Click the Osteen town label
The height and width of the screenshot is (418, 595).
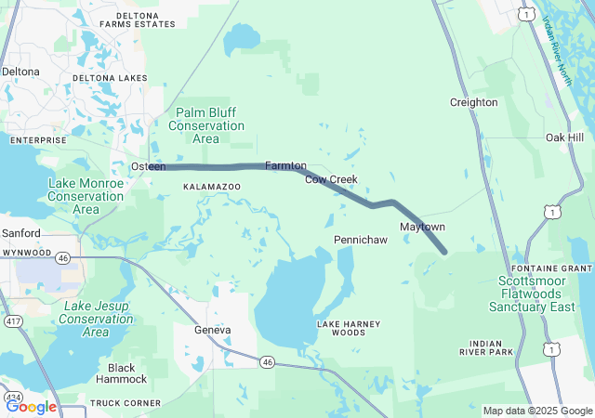coord(148,166)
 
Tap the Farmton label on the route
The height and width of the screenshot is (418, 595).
coord(285,165)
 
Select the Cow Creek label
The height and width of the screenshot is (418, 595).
coord(331,179)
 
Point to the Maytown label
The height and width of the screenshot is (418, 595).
coord(422,228)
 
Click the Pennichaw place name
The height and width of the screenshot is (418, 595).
coord(360,240)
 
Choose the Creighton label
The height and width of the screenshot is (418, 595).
coord(473,102)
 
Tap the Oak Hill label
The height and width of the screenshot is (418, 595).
coord(564,137)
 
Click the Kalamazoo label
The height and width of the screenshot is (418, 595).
coord(211,187)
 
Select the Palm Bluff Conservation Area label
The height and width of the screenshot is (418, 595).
coord(206,125)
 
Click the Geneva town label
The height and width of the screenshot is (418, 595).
coord(212,330)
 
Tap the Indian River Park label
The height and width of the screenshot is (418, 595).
coord(486,347)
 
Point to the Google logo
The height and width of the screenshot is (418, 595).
coord(31,406)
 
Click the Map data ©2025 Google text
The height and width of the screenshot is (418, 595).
coord(536,411)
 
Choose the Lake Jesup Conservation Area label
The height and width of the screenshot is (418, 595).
coord(96,318)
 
